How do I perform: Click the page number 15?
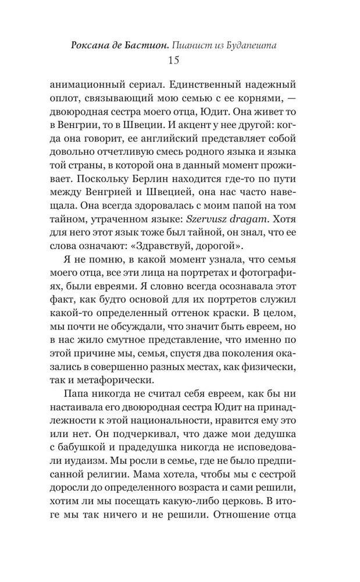click(x=173, y=60)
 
